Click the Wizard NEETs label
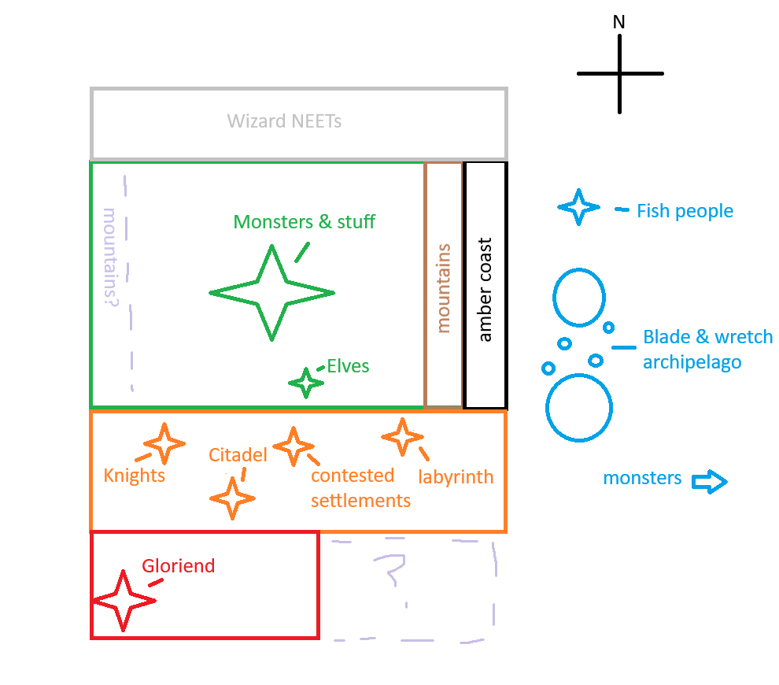[x=284, y=122]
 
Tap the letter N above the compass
[x=619, y=22]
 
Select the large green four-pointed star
[x=272, y=293]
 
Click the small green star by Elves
[x=306, y=383]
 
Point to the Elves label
[x=348, y=366]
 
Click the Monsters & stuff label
[x=305, y=222]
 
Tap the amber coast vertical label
[x=485, y=290]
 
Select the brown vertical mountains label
[x=443, y=288]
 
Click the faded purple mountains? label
[x=110, y=257]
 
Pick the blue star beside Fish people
[x=579, y=207]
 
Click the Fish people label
[x=685, y=211]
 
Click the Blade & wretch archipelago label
[x=707, y=350]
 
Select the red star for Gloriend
[x=124, y=601]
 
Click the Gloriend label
[x=178, y=566]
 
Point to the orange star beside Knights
[x=164, y=444]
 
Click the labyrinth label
[x=456, y=476]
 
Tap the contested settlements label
[x=360, y=488]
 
